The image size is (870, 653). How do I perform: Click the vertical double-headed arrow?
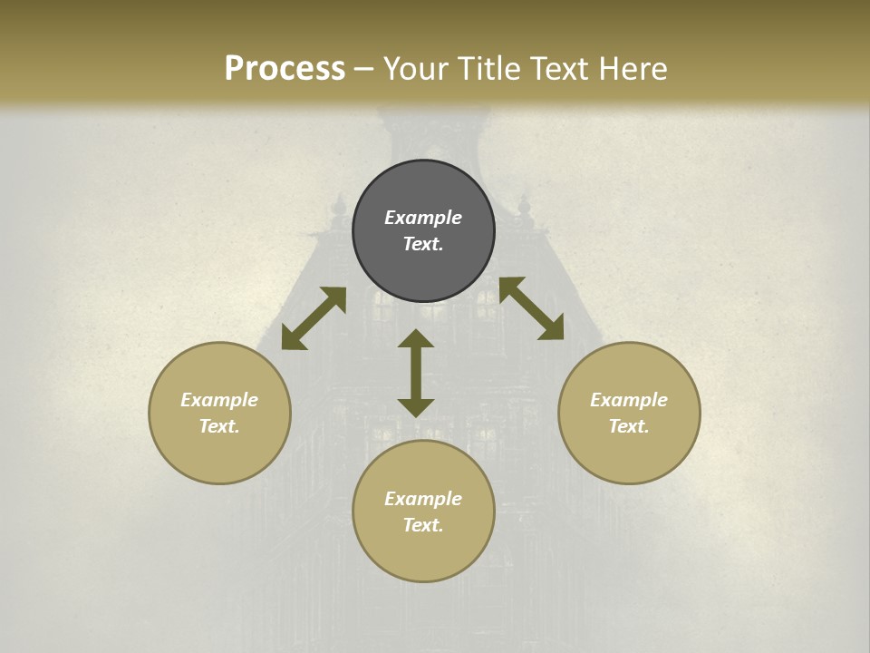point(416,373)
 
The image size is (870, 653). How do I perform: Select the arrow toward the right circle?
point(531,309)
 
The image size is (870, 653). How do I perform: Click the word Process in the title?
point(285,69)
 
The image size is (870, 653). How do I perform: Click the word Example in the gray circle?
point(423,218)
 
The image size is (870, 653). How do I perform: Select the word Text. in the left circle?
point(219,426)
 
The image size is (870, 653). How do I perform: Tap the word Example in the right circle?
point(629,400)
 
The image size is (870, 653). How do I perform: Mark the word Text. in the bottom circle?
point(423,525)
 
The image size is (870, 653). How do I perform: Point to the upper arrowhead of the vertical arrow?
point(416,339)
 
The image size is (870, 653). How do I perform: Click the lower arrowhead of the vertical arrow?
point(416,406)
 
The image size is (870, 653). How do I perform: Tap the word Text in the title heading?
point(557,69)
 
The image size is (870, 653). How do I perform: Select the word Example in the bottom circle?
point(423,499)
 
